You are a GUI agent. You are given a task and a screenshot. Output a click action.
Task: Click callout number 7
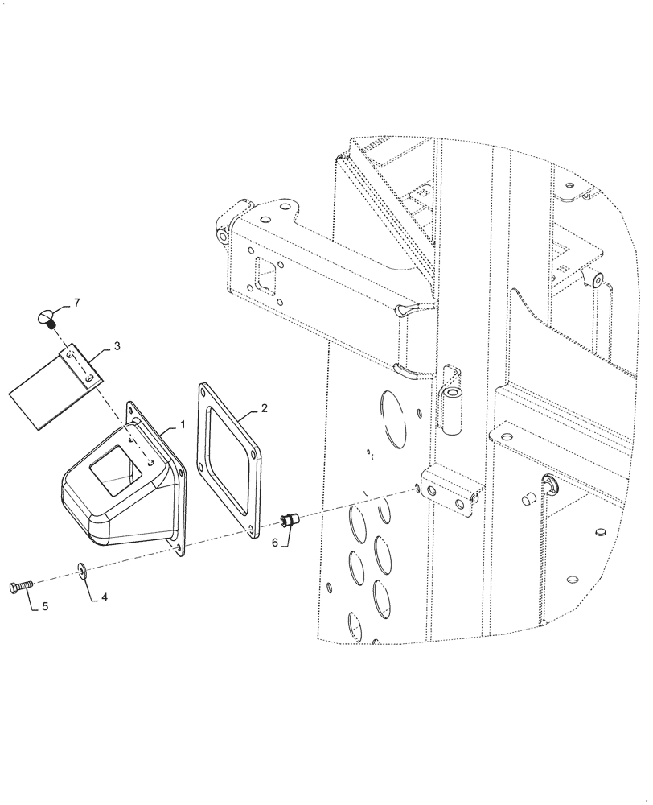click(x=77, y=303)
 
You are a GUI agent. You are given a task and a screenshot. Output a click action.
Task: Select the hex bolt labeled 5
click(x=21, y=586)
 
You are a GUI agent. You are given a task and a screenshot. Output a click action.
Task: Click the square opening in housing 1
click(x=117, y=468)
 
